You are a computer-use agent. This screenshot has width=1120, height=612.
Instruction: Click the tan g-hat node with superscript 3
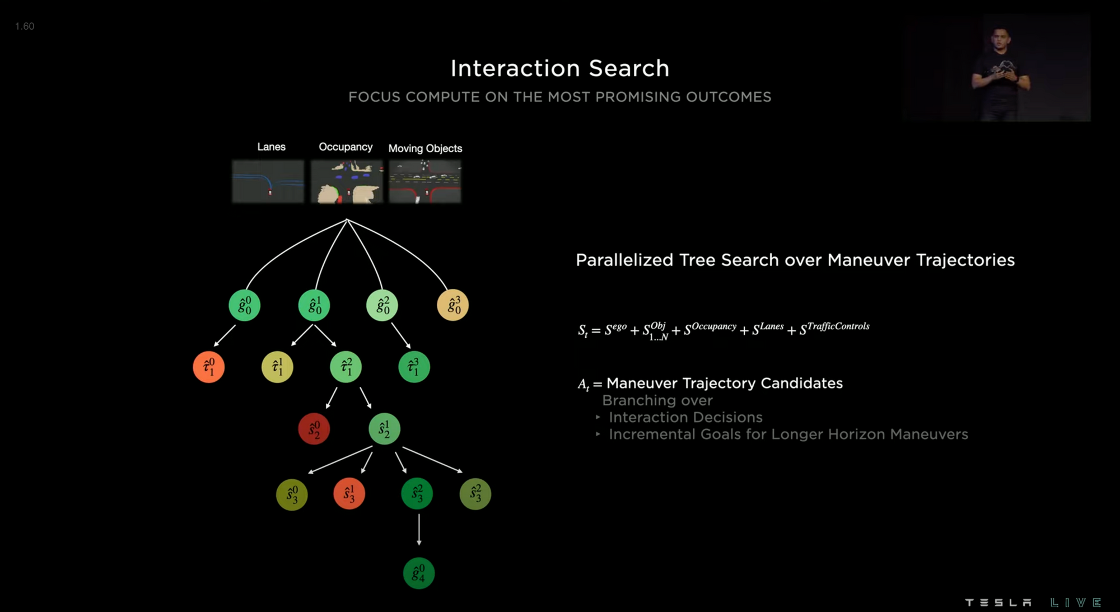click(452, 305)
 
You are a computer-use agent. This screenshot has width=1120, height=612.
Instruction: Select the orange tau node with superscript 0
click(209, 367)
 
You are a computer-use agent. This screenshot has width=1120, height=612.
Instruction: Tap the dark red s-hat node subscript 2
click(314, 429)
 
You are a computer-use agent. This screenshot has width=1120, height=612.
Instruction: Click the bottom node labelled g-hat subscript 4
click(419, 573)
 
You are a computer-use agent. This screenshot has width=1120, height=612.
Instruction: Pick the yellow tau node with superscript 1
click(277, 367)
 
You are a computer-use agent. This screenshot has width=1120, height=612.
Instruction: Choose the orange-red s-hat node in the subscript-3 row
click(349, 494)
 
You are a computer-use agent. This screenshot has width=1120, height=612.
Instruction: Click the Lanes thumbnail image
click(268, 181)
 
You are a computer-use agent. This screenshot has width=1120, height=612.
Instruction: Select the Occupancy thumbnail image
click(347, 181)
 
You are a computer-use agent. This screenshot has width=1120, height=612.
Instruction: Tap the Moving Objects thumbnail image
click(425, 181)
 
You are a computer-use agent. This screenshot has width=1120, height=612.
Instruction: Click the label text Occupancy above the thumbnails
click(346, 147)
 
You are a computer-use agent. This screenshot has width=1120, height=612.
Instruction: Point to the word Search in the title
click(629, 68)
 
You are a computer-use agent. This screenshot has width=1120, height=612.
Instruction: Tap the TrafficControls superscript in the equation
click(838, 326)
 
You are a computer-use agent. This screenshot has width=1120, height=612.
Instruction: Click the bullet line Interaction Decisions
click(685, 417)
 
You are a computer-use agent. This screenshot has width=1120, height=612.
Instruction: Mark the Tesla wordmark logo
click(998, 602)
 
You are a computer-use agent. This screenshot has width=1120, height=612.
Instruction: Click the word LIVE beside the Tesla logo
click(1076, 602)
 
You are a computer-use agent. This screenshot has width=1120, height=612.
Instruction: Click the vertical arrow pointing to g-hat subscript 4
click(419, 529)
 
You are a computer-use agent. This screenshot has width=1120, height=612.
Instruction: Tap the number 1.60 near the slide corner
click(25, 26)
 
